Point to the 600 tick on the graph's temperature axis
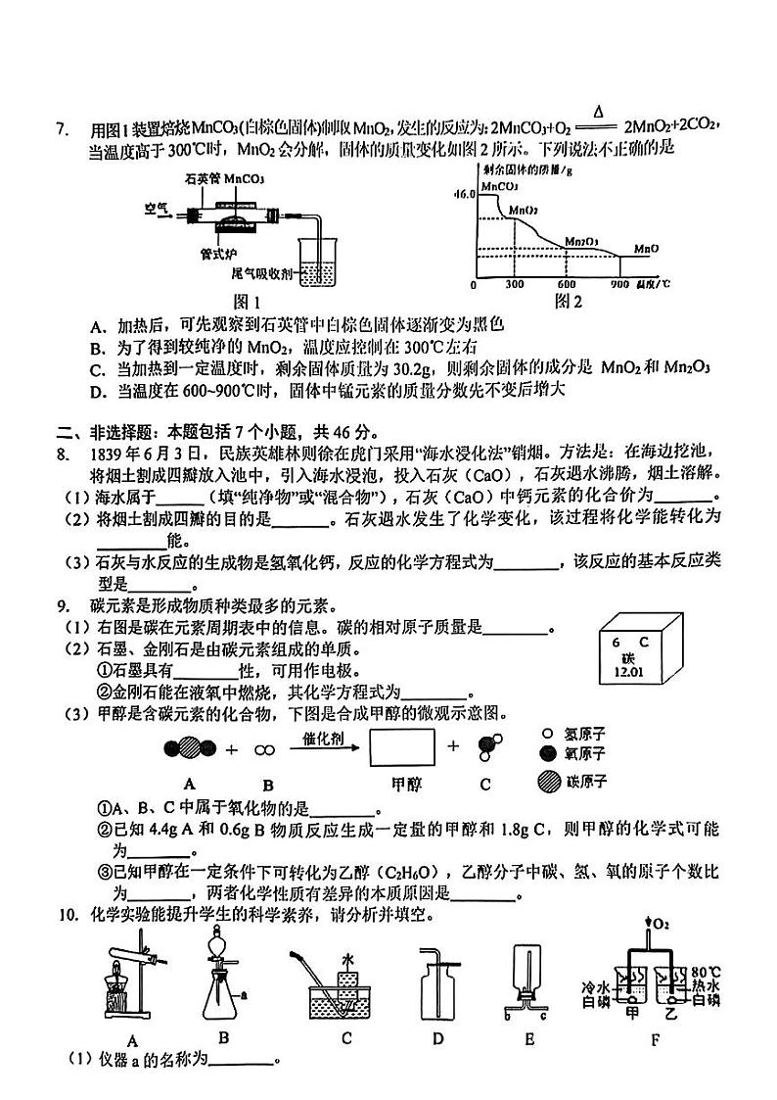(x=567, y=285)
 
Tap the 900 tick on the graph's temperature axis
(x=618, y=285)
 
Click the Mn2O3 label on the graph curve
(x=583, y=240)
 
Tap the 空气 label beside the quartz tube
(x=157, y=208)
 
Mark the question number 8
(x=61, y=453)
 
